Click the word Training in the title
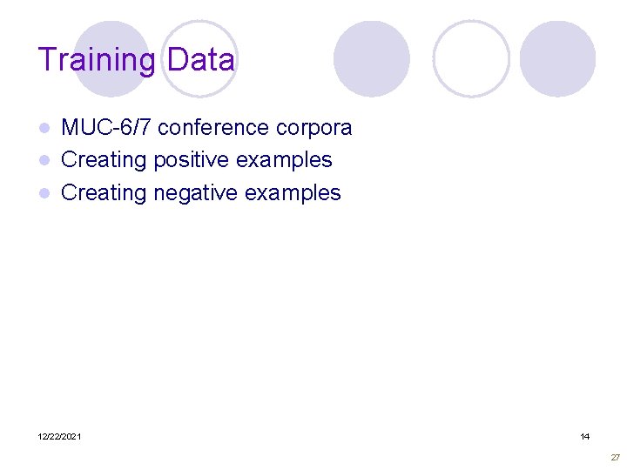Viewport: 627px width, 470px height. click(x=96, y=60)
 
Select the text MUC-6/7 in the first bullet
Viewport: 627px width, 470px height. click(x=107, y=128)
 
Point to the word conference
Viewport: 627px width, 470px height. click(x=212, y=128)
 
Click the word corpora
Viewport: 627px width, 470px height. click(x=313, y=129)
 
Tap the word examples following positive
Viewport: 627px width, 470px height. click(x=288, y=160)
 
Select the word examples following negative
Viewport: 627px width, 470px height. click(x=297, y=192)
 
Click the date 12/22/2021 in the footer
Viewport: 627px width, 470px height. click(x=60, y=436)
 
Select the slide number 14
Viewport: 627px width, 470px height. click(x=584, y=436)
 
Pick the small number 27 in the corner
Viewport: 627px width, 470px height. click(x=615, y=457)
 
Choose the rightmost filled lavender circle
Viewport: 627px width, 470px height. click(x=557, y=58)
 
